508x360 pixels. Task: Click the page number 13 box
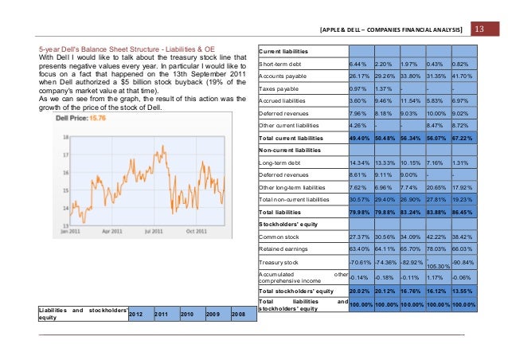pyautogui.click(x=479, y=29)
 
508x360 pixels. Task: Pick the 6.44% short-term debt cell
pyautogui.click(x=361, y=63)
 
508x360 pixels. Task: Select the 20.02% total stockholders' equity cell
pyautogui.click(x=361, y=292)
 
